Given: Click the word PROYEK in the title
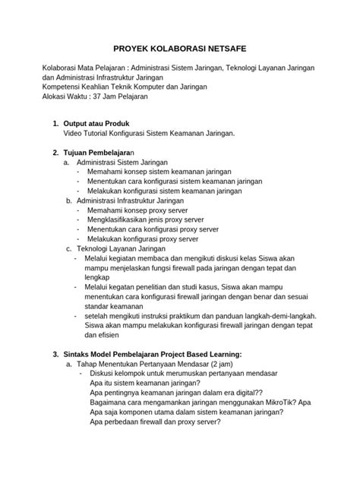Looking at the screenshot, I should tap(134, 47).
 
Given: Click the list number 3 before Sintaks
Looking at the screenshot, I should tap(54, 353).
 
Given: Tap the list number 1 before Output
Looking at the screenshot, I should tap(55, 123).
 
